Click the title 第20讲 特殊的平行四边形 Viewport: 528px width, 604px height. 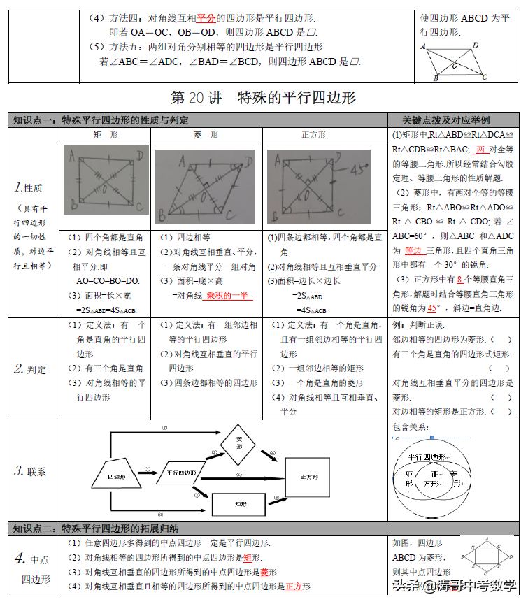264,97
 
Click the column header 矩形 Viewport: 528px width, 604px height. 106,134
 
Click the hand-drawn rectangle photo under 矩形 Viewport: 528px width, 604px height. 106,185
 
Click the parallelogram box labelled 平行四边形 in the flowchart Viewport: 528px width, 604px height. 181,473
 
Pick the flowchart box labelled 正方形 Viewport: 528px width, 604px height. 310,477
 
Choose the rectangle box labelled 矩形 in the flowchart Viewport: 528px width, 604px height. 240,503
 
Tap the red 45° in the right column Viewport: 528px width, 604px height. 434,307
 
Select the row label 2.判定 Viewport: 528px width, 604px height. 30,369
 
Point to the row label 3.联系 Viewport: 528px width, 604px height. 30,471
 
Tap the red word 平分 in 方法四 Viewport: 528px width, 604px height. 205,17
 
